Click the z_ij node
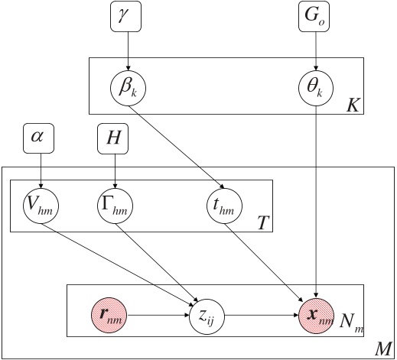(207, 313)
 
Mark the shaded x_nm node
(316, 313)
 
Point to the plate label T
(262, 223)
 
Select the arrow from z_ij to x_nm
(260, 313)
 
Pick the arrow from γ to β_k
(128, 50)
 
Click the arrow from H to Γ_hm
(114, 170)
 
